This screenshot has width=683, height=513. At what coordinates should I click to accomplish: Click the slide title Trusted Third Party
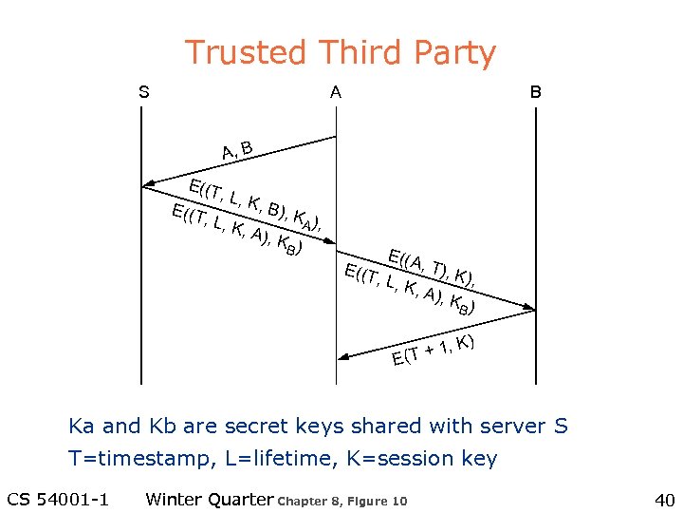pyautogui.click(x=340, y=53)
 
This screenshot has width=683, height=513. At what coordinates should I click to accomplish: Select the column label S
pyautogui.click(x=143, y=92)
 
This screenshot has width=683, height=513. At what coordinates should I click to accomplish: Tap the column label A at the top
pyautogui.click(x=336, y=92)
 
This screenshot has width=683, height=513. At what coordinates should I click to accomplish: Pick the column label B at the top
pyautogui.click(x=535, y=92)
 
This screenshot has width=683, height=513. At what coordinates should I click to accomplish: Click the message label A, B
pyautogui.click(x=236, y=150)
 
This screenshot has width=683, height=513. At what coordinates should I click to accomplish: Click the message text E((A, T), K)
pyautogui.click(x=432, y=265)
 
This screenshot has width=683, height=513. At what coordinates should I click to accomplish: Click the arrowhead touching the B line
pyautogui.click(x=529, y=308)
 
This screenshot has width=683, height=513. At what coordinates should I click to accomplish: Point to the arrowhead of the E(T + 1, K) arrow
pyautogui.click(x=344, y=357)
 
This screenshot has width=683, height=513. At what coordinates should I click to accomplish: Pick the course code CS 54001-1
pyautogui.click(x=58, y=500)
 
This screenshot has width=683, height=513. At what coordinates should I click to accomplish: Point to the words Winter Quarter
pyautogui.click(x=209, y=500)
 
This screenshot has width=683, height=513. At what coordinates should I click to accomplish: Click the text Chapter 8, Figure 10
pyautogui.click(x=342, y=502)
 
